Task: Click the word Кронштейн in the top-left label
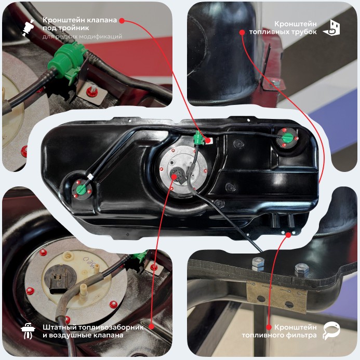pos(62,20)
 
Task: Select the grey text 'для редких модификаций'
pos(82,36)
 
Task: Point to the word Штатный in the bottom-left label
pos(59,327)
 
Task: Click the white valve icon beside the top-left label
pos(28,28)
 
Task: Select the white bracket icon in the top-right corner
pos(331,28)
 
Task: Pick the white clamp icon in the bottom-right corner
pos(331,330)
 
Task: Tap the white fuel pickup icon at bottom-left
pos(28,330)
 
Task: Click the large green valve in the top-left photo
pos(65,60)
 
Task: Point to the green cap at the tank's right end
pos(287,138)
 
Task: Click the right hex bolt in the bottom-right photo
pos(302,271)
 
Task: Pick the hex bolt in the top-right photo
pos(274,83)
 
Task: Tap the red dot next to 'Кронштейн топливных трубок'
pos(242,32)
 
